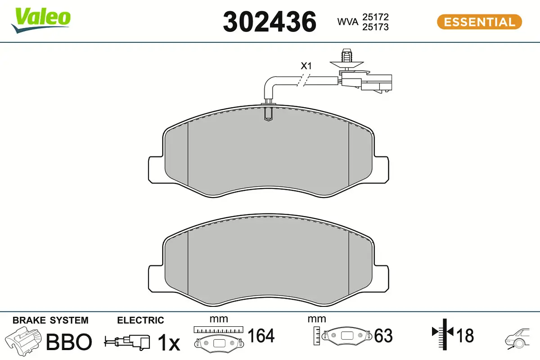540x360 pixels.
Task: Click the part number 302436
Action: [x=270, y=22]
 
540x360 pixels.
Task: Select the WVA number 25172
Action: [x=375, y=17]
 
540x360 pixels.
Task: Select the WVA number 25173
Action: [x=375, y=27]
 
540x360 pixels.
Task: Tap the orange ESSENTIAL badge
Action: [x=479, y=22]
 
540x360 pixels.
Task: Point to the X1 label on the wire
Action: [x=306, y=66]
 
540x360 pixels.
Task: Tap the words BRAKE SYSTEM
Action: [x=50, y=320]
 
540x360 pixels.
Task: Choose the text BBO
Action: [x=69, y=342]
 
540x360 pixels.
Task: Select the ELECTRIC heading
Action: [x=140, y=320]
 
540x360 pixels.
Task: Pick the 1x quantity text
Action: [x=168, y=343]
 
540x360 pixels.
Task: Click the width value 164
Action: [x=261, y=336]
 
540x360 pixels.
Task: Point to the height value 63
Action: [x=383, y=336]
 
